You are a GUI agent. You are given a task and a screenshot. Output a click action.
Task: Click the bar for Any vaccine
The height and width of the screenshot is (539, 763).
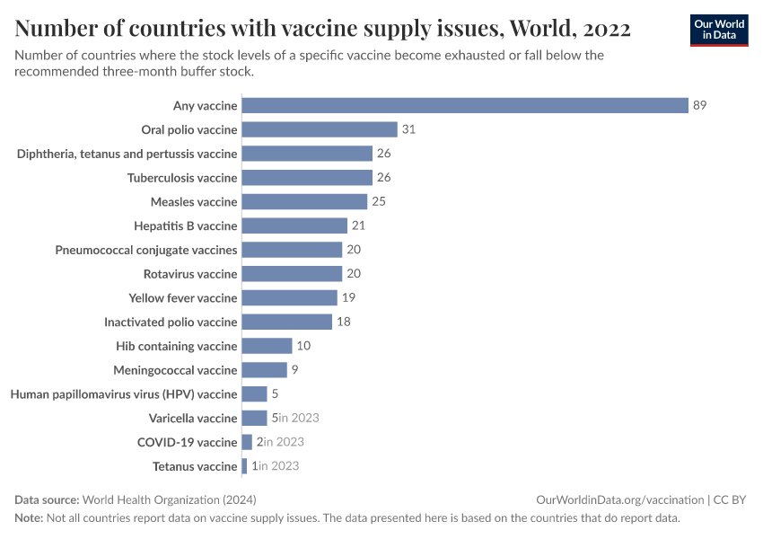click(x=465, y=105)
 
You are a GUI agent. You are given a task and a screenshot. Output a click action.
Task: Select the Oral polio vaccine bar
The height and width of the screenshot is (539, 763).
click(x=320, y=129)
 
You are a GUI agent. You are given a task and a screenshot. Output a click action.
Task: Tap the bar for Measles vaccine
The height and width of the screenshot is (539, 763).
click(x=304, y=201)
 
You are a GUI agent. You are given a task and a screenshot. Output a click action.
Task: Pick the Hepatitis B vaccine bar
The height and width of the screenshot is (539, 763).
click(x=294, y=225)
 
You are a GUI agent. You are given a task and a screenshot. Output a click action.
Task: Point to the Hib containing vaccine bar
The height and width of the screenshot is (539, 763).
click(x=267, y=346)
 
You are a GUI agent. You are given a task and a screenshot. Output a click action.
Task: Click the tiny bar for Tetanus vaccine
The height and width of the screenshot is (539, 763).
click(x=245, y=466)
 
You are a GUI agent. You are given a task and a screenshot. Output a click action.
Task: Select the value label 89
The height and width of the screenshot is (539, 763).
click(x=700, y=105)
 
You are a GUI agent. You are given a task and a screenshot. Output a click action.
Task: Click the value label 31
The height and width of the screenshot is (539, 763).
click(x=408, y=129)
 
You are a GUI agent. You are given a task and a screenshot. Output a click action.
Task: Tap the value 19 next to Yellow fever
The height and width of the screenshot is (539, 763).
click(x=348, y=297)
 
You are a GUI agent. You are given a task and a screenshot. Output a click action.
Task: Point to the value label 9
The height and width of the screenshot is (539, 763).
click(x=295, y=370)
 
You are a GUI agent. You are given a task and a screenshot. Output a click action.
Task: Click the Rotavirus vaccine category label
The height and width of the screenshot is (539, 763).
click(x=190, y=274)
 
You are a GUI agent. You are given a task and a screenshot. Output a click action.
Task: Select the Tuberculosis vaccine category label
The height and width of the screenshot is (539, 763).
click(x=182, y=178)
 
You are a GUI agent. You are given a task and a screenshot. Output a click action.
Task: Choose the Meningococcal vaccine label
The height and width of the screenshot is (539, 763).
click(x=175, y=370)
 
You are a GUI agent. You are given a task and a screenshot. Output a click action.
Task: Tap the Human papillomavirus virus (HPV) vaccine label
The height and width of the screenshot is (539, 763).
click(x=124, y=394)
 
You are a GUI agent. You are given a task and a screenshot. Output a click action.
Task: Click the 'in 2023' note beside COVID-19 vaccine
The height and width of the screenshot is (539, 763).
click(x=284, y=442)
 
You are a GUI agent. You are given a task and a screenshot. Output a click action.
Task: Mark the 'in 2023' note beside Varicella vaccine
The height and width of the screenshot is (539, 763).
click(x=299, y=418)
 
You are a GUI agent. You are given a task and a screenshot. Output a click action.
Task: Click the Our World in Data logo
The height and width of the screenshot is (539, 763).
click(x=719, y=30)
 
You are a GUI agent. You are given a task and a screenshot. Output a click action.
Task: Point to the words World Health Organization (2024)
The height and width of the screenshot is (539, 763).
click(x=175, y=500)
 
